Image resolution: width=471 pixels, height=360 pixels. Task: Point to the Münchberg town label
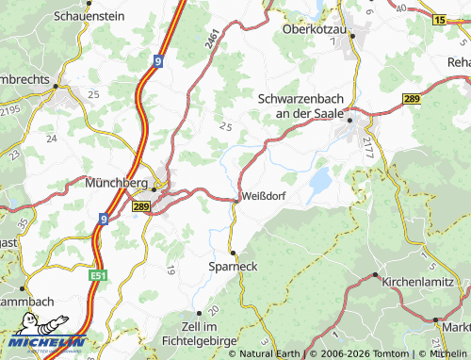click(x=118, y=184)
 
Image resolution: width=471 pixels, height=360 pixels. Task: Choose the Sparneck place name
click(x=232, y=267)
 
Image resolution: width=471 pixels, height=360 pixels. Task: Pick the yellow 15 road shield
click(x=440, y=19)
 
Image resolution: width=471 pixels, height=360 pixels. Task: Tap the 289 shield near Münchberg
click(x=141, y=206)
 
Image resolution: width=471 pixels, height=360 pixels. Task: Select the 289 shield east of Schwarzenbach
click(x=411, y=98)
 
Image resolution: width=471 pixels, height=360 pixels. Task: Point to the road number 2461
click(x=213, y=39)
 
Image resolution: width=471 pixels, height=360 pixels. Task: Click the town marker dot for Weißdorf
click(x=235, y=198)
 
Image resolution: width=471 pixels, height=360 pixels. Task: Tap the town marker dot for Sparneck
click(x=232, y=253)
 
